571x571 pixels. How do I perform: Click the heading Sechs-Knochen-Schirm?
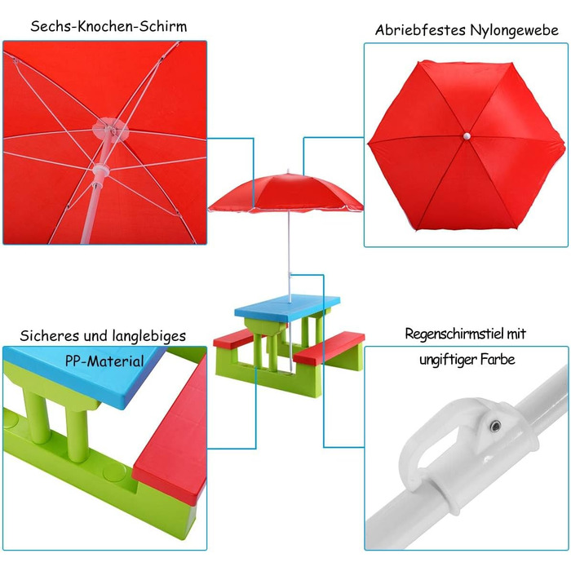click(108, 26)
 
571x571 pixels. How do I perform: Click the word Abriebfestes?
click(421, 30)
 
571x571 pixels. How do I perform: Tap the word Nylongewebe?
click(514, 31)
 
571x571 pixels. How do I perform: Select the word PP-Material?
click(105, 361)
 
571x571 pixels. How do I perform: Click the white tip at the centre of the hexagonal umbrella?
click(467, 136)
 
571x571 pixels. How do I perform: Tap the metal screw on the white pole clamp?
click(495, 426)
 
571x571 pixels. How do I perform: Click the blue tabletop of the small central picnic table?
click(288, 307)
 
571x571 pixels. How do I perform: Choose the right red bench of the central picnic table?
click(329, 347)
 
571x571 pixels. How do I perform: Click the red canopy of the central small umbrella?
click(285, 193)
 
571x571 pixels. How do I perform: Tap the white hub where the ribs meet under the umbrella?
click(109, 129)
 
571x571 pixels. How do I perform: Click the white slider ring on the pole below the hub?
click(100, 170)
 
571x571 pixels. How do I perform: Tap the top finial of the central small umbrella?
click(289, 172)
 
